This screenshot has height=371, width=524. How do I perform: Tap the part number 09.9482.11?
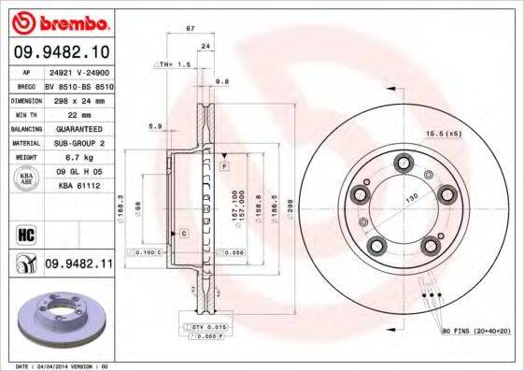click(x=78, y=265)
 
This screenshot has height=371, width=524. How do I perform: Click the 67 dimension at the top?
click(x=191, y=30)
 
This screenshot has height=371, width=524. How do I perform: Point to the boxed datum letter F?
click(x=224, y=165)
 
